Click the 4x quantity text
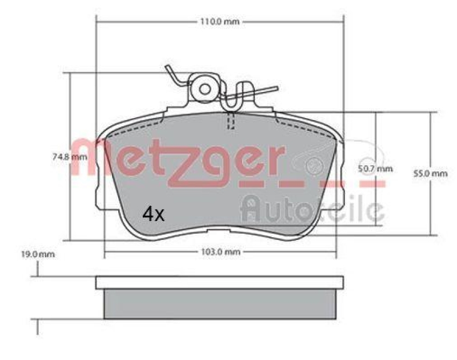tap(153, 214)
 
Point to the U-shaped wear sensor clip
tap(232, 97)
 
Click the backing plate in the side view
tap(220, 282)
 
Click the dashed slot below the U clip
tap(231, 122)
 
